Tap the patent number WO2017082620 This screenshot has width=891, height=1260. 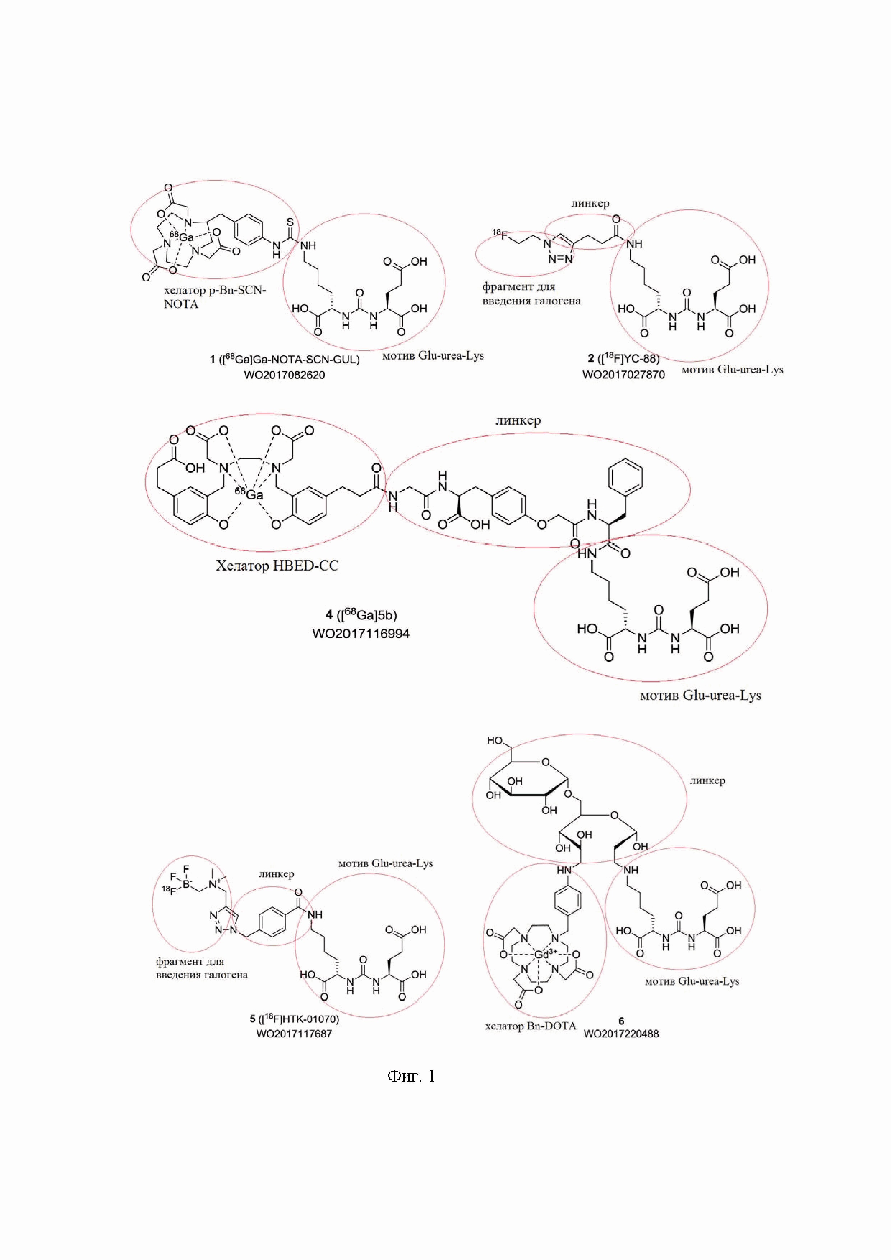click(x=284, y=375)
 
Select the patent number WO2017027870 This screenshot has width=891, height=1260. click(x=623, y=375)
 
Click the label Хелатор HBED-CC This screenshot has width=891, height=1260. click(x=277, y=566)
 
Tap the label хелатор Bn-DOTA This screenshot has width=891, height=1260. click(x=531, y=1026)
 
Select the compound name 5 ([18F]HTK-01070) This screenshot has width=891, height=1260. click(x=294, y=1019)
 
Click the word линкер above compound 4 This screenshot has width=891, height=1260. click(x=518, y=420)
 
